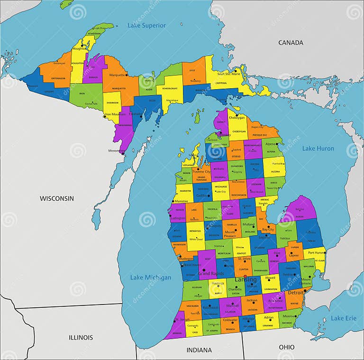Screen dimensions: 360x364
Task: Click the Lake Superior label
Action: click(146, 25)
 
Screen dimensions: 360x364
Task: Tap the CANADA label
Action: click(291, 43)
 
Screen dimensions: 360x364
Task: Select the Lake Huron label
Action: click(318, 148)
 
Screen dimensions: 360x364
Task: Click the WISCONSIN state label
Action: click(57, 198)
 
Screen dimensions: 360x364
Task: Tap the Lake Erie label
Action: click(344, 318)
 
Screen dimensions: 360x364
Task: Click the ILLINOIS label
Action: click(81, 338)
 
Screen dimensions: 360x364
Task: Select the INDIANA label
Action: click(199, 350)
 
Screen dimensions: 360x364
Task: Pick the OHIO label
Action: click(286, 347)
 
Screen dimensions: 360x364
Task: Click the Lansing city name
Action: click(246, 279)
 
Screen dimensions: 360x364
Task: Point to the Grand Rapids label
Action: click(211, 274)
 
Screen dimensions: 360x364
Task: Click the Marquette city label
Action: click(117, 75)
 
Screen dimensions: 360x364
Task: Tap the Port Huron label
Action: click(315, 253)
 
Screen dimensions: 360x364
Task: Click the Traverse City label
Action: click(201, 172)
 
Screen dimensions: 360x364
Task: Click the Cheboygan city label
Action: click(237, 117)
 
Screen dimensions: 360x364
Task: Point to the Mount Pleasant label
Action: click(230, 234)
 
